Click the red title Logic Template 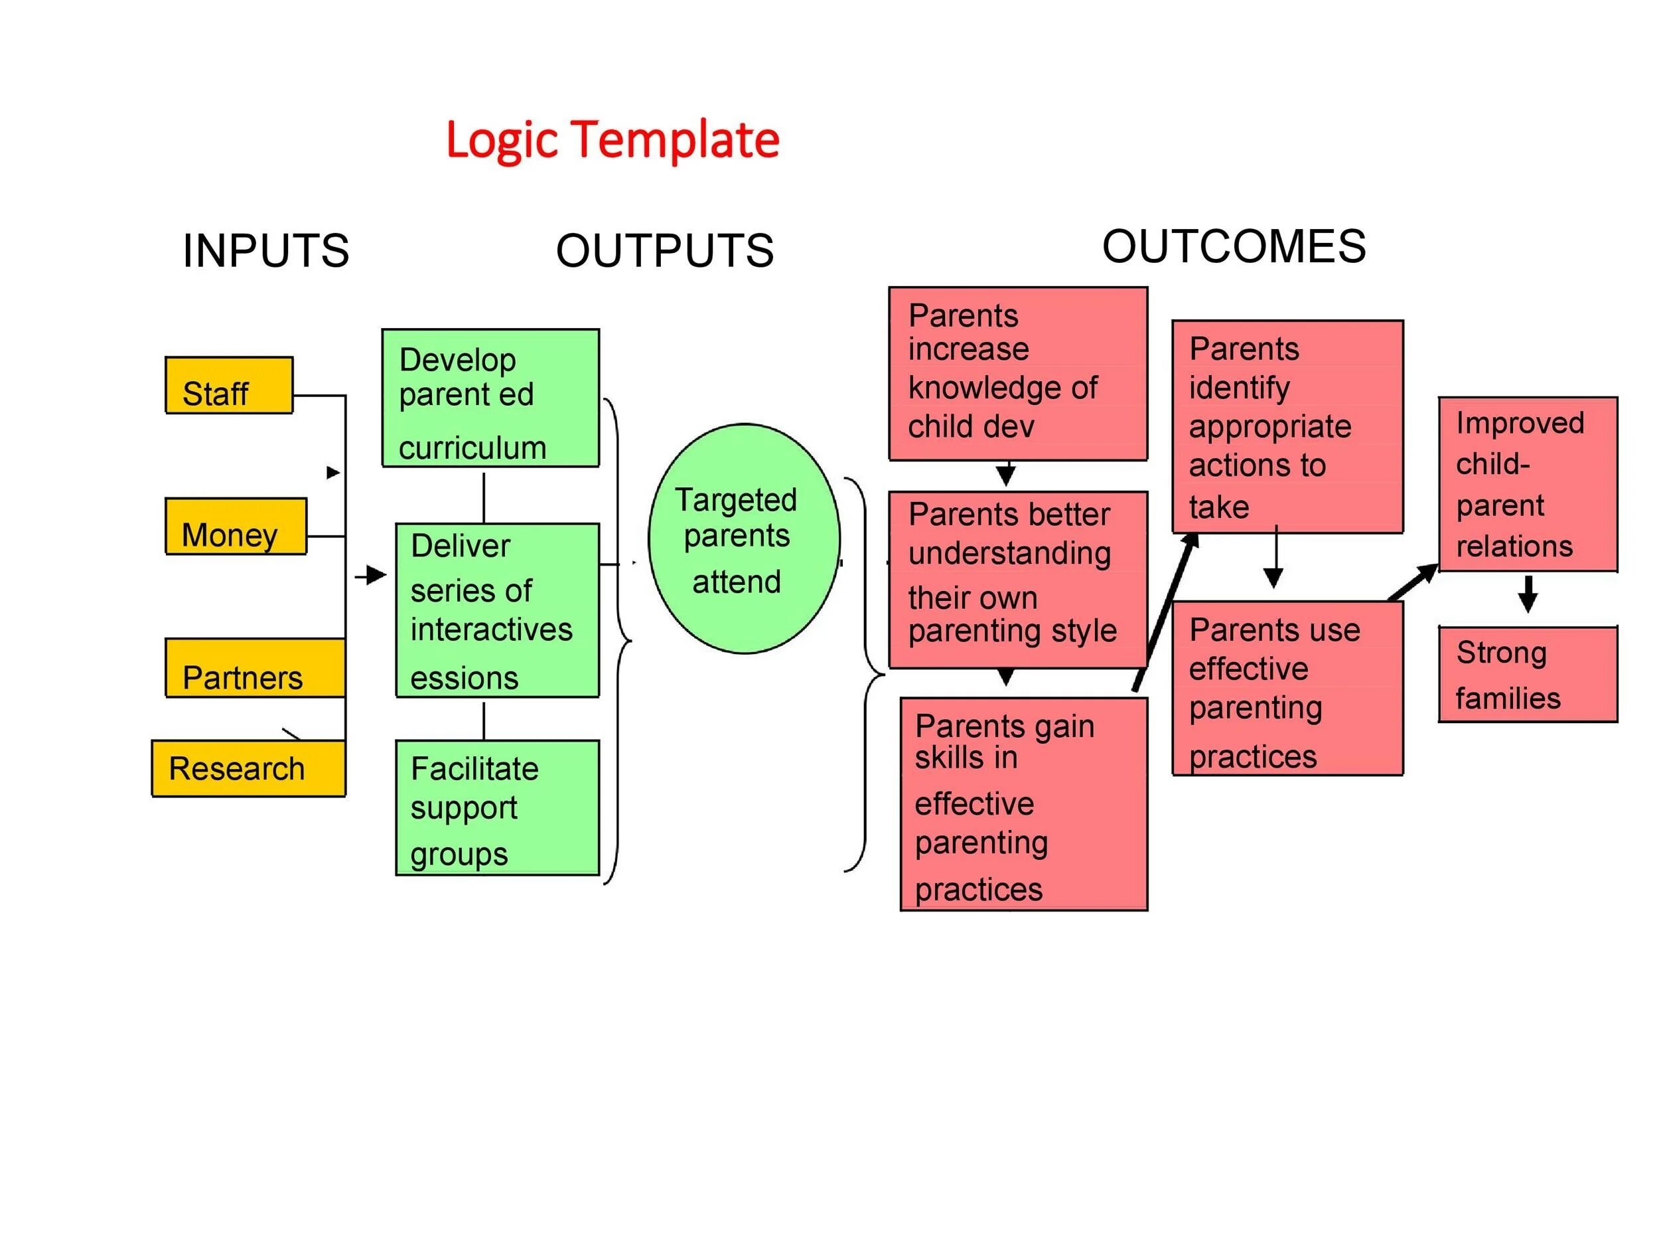(x=612, y=140)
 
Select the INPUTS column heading (x=265, y=250)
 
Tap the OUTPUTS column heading (x=664, y=250)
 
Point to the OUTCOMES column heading (x=1233, y=246)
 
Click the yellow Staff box (x=229, y=386)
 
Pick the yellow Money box (x=236, y=527)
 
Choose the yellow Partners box (x=255, y=669)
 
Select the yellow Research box (x=248, y=768)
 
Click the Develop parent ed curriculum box (x=490, y=398)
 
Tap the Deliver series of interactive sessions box (x=497, y=610)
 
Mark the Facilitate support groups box (x=497, y=807)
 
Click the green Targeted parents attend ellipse (x=743, y=539)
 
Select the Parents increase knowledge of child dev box (x=1017, y=374)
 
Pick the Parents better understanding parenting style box (x=1017, y=580)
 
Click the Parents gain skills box (x=1023, y=805)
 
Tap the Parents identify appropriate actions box (x=1287, y=427)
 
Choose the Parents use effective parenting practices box (x=1287, y=688)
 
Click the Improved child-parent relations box (x=1527, y=485)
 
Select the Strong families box (x=1527, y=675)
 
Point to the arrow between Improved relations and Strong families (x=1527, y=594)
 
